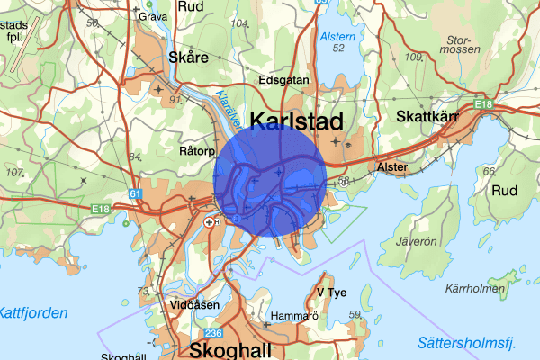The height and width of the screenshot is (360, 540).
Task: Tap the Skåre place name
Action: (188, 58)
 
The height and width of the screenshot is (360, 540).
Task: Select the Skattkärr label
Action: (429, 116)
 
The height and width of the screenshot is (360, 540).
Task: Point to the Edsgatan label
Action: (283, 79)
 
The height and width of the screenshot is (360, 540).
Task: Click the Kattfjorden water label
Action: (33, 313)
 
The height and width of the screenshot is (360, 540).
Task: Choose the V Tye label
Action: (331, 292)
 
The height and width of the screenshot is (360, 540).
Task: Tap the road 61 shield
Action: (135, 193)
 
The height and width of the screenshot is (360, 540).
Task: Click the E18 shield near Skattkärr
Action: (484, 105)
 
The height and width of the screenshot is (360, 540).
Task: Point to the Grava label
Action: (153, 16)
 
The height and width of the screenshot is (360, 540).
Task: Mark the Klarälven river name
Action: (224, 110)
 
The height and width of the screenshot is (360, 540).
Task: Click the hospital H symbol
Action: (211, 221)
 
